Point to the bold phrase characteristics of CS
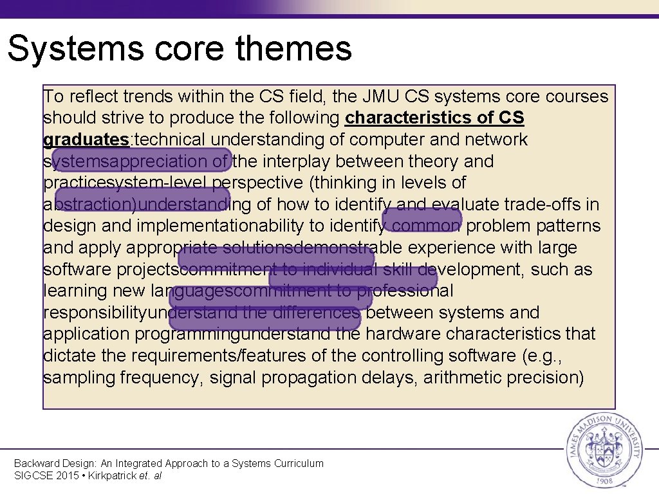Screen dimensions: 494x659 point(434,118)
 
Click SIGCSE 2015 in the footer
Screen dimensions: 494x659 point(45,476)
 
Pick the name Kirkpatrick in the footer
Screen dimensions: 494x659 point(111,476)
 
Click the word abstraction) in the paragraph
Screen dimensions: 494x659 point(90,205)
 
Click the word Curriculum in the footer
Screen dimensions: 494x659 point(299,463)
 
